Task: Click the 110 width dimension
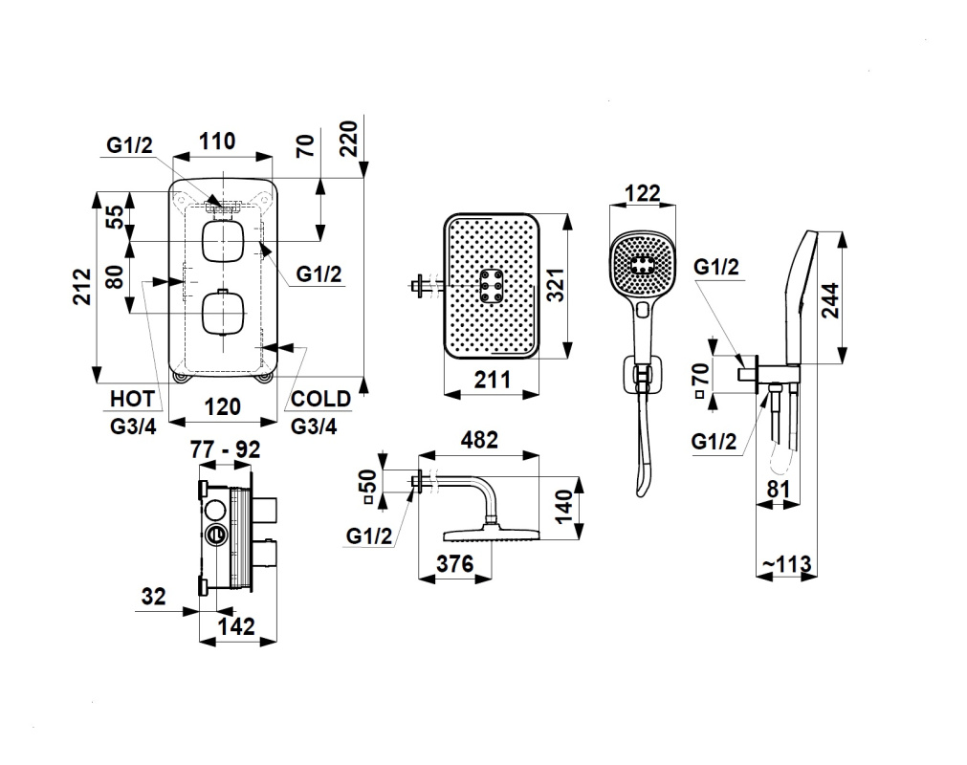click(x=217, y=142)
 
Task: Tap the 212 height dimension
click(x=81, y=286)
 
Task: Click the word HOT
click(x=132, y=399)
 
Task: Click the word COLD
click(x=320, y=399)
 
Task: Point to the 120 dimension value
click(x=223, y=406)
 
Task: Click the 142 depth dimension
click(x=235, y=626)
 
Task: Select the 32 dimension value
click(x=153, y=597)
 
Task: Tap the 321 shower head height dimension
click(x=556, y=285)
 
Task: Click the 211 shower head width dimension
click(x=492, y=380)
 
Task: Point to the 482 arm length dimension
click(x=479, y=440)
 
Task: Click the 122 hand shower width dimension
click(x=642, y=194)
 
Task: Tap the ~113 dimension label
click(x=786, y=564)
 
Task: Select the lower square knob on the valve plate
click(x=224, y=315)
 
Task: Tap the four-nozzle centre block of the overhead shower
click(x=494, y=286)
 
